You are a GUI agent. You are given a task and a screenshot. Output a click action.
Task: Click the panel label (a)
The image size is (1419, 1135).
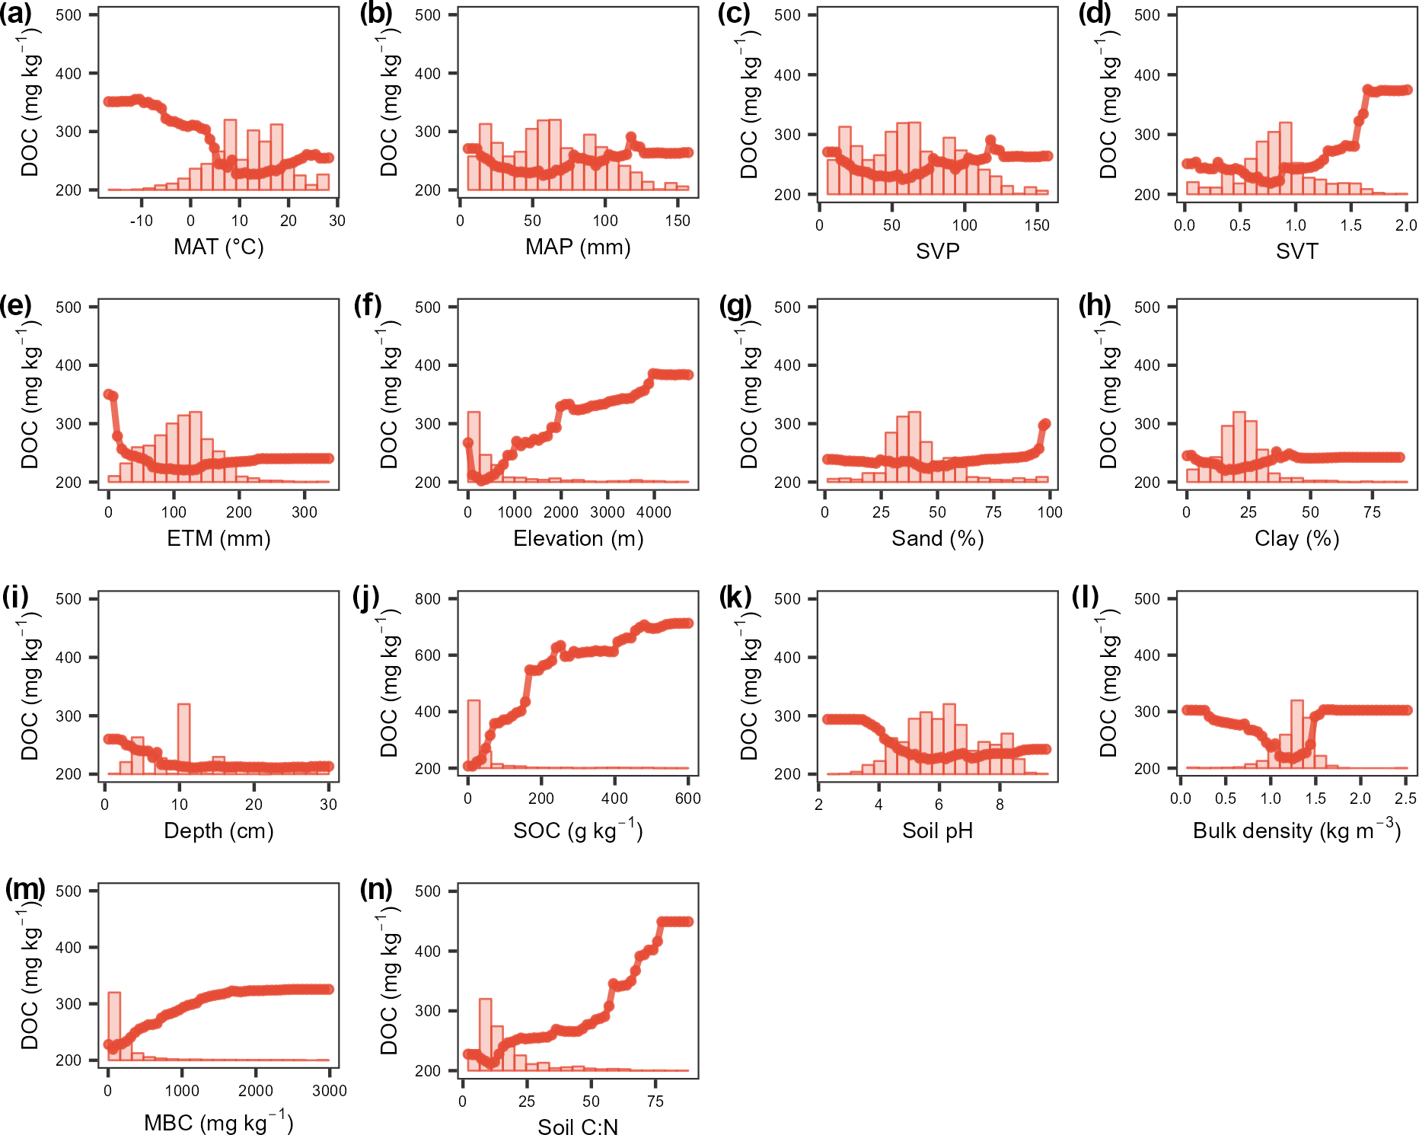pos(17,14)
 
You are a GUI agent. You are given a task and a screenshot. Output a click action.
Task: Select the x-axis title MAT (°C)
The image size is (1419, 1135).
pos(218,247)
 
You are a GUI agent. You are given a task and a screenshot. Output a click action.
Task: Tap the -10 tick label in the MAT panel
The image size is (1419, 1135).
pos(141,221)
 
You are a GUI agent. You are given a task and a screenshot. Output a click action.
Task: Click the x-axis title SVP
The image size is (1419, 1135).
pos(937,251)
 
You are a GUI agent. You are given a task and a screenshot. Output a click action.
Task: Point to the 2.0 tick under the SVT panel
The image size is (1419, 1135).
pos(1406,225)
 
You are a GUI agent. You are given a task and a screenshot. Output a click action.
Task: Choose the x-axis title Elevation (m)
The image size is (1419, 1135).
pos(578,539)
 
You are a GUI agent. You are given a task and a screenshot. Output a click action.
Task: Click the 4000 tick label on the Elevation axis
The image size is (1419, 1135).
pos(653,512)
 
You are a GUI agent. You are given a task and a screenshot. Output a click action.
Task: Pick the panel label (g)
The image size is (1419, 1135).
pos(735,306)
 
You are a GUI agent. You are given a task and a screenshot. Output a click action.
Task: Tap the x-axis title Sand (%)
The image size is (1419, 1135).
pos(937,539)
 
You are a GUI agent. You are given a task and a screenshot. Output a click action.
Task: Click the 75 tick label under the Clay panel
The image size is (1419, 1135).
pos(1372,512)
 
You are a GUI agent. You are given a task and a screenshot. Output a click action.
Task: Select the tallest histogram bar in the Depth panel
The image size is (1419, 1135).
pos(183,738)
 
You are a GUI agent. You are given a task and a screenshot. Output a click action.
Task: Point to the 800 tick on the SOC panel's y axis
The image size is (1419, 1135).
pos(428,599)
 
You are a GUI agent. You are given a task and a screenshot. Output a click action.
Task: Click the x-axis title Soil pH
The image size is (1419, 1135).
pos(937,831)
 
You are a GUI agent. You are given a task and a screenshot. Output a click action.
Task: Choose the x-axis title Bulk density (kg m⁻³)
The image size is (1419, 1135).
pos(1296,831)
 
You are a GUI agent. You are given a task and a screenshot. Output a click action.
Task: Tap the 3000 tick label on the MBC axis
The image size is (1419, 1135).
pos(329,1091)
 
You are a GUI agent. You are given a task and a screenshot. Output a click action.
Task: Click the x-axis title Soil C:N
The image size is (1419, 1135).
pos(578,1127)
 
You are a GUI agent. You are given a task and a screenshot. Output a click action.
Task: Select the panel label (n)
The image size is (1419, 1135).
pos(376,889)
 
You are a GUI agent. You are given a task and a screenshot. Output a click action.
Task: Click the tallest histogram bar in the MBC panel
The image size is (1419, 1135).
pos(114,1026)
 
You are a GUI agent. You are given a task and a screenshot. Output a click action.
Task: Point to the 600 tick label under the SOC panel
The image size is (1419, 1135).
pos(687,799)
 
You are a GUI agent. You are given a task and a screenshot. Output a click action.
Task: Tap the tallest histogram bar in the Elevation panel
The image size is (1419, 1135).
pos(474,447)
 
